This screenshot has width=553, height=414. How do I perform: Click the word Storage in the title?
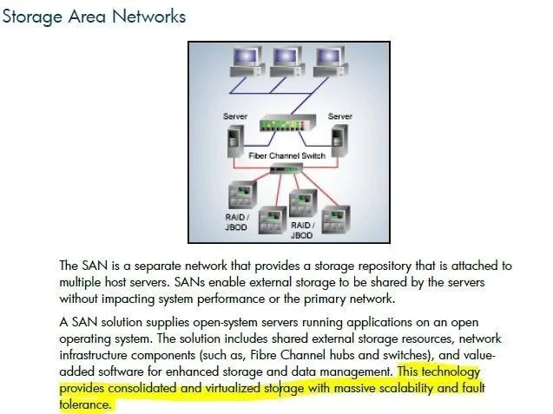click(x=32, y=17)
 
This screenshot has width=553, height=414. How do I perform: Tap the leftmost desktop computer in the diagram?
click(x=247, y=62)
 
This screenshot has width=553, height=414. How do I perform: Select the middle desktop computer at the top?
click(x=287, y=62)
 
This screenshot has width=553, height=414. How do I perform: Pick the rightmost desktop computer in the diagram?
click(x=331, y=62)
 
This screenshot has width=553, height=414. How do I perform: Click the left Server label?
click(x=235, y=116)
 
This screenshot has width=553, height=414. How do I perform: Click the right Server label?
click(x=340, y=116)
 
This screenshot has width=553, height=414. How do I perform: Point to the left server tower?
click(x=235, y=141)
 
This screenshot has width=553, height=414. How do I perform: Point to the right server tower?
click(x=339, y=141)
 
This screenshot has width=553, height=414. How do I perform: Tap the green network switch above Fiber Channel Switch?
click(x=287, y=123)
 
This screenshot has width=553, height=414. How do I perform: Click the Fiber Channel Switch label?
click(x=287, y=155)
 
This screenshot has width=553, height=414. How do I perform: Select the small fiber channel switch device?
click(x=286, y=169)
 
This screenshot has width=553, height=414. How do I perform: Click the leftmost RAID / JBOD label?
click(x=237, y=222)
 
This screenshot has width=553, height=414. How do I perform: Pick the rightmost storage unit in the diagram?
click(x=336, y=219)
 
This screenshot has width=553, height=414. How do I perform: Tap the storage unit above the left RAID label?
click(x=242, y=195)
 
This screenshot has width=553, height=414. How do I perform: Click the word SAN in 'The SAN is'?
click(x=95, y=266)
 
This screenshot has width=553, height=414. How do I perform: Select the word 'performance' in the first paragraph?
click(x=231, y=299)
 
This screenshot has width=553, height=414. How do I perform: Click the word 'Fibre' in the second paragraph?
click(x=263, y=355)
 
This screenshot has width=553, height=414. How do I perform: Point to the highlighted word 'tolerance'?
click(x=85, y=404)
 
